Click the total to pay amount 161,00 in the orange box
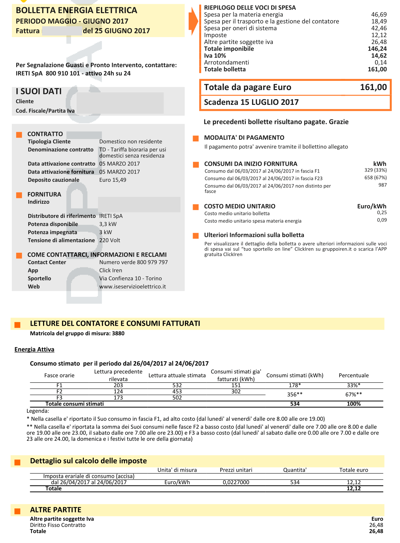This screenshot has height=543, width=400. tap(373, 87)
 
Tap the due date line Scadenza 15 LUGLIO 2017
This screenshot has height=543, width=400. tap(251, 102)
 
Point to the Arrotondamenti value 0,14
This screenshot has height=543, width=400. tap(381, 62)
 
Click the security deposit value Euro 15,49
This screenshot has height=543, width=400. tap(113, 180)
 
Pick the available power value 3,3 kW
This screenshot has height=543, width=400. tap(108, 224)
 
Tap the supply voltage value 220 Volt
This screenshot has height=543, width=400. tap(110, 240)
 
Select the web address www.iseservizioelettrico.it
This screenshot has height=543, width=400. tap(132, 287)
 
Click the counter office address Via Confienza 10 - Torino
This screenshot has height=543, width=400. tap(130, 278)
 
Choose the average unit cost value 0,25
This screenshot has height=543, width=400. tap(382, 213)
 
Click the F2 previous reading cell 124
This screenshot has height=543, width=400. tap(118, 391)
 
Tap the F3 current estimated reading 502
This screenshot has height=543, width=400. tap(177, 398)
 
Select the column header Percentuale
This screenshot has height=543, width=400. tap(354, 375)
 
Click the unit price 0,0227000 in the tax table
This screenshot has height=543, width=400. tap(236, 482)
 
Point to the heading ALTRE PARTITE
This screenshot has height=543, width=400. tap(56, 510)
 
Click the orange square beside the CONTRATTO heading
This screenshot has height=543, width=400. tap(19, 135)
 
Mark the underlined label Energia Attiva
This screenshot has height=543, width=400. tap(34, 349)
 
